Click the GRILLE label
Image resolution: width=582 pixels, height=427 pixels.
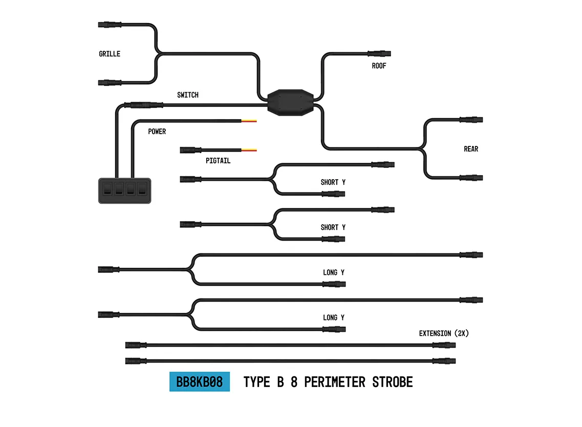pos(110,54)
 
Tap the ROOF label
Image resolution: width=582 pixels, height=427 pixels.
pos(379,66)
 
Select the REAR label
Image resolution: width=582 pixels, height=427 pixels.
pos(471,149)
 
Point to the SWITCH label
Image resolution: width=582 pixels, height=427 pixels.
pos(188,95)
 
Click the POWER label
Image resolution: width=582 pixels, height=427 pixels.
pos(157,132)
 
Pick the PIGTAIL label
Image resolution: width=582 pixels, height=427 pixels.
pos(218,161)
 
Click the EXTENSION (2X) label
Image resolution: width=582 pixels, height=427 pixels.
pos(444,333)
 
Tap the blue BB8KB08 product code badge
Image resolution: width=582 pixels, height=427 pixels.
pos(200,382)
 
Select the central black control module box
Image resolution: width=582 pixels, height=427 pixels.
pos(290,102)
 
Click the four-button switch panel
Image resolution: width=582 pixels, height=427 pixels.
pos(125,190)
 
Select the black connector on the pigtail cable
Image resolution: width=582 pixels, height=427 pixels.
pos(190,151)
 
